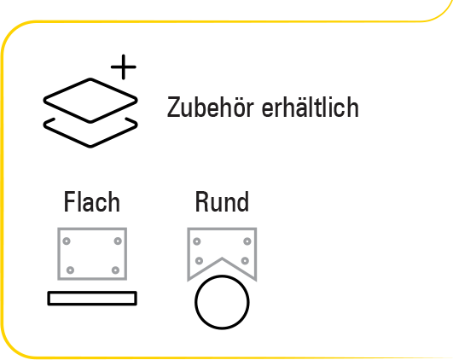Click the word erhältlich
[310, 107]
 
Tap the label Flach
[92, 201]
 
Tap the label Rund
[222, 201]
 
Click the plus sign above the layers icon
[124, 67]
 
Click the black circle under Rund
[222, 276]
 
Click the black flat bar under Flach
[92, 293]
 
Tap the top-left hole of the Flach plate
[67, 241]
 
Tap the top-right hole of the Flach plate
[118, 241]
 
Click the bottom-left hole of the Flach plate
[70, 270]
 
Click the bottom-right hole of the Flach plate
[115, 270]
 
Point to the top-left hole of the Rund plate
[197, 241]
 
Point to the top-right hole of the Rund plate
[247, 241]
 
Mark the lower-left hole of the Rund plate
[199, 261]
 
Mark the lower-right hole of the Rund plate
[245, 261]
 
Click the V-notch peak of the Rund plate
[222, 258]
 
